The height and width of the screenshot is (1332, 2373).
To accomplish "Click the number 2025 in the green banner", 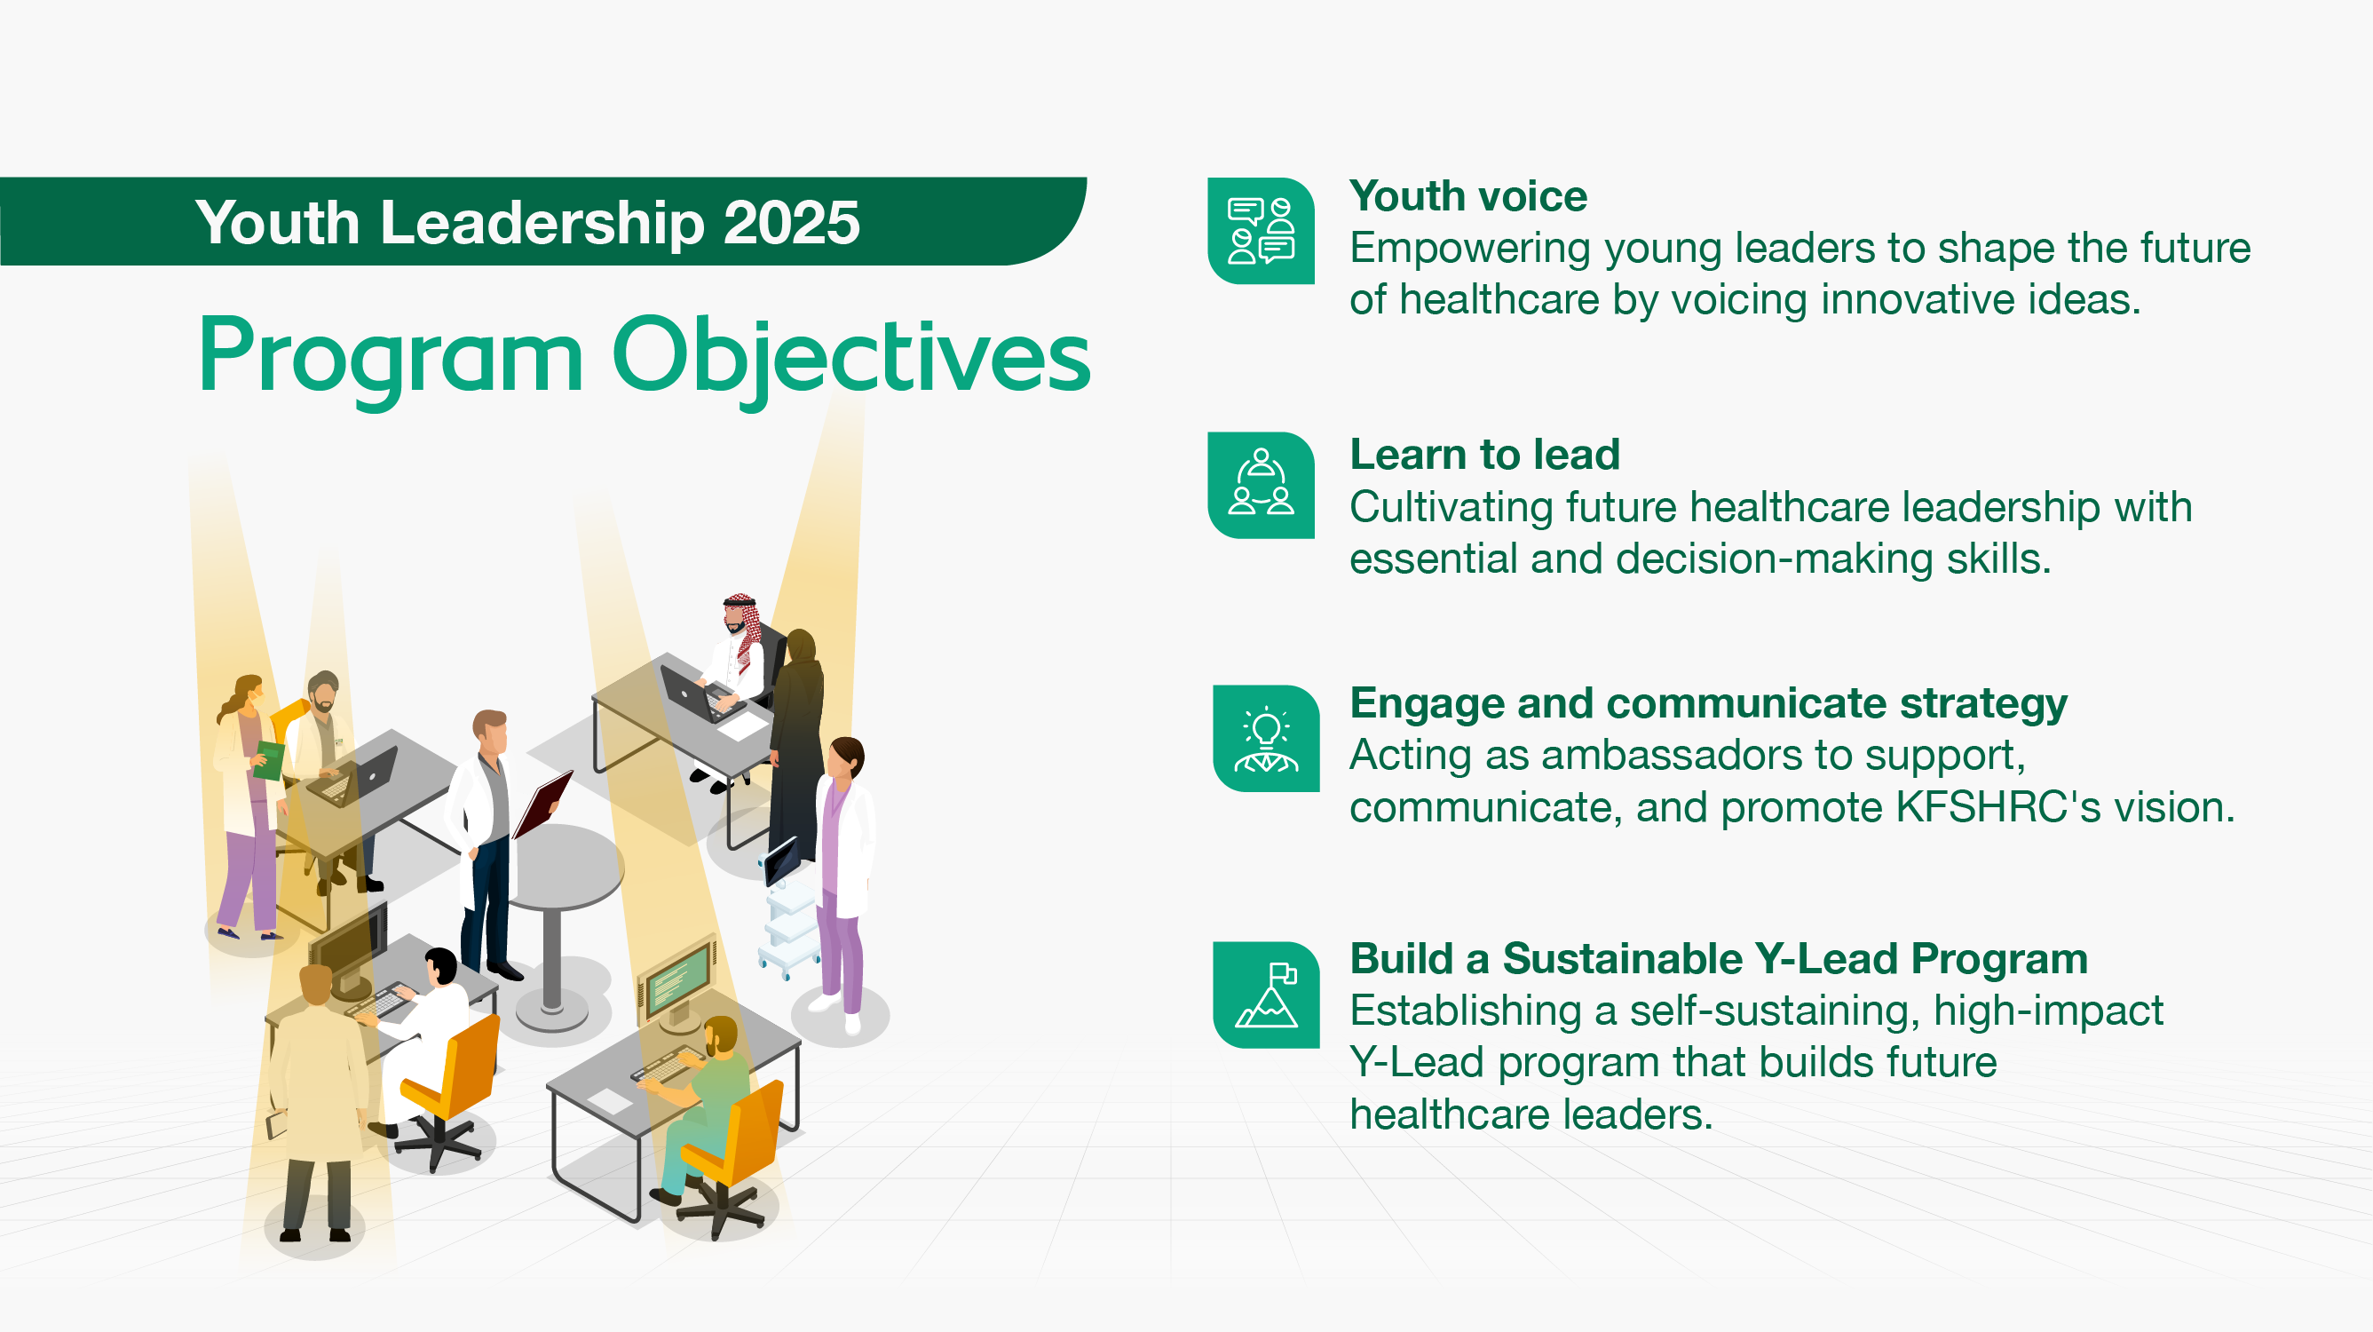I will [x=790, y=224].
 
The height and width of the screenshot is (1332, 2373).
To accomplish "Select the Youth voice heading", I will [x=1467, y=196].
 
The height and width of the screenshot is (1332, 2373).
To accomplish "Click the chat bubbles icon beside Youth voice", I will [x=1261, y=231].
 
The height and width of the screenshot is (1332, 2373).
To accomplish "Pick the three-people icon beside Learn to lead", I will [x=1261, y=485].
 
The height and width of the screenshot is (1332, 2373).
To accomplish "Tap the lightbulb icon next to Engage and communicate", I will [x=1266, y=738].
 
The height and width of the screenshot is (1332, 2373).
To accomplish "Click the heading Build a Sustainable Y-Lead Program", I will [x=1718, y=959].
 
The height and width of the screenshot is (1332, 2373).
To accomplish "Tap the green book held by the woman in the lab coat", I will [x=268, y=760].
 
